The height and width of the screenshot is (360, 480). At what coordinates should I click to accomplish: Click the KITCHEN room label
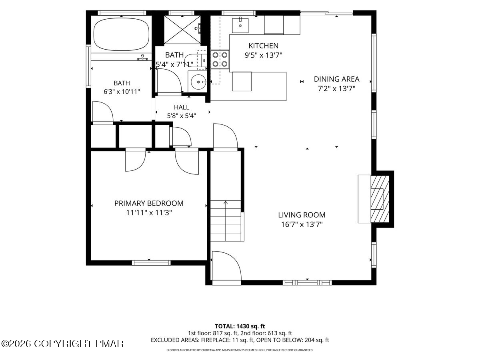(x=263, y=46)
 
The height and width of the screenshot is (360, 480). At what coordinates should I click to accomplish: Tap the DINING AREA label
(x=336, y=79)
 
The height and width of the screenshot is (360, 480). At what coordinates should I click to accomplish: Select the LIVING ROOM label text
(x=302, y=215)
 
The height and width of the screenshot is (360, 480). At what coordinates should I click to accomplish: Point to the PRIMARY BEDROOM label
(x=149, y=203)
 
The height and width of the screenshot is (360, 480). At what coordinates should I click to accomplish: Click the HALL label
(x=182, y=107)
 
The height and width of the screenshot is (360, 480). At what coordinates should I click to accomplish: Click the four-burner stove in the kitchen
(x=220, y=59)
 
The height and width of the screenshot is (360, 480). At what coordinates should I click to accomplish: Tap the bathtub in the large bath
(x=121, y=34)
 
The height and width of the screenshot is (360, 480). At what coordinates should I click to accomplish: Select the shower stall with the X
(x=182, y=30)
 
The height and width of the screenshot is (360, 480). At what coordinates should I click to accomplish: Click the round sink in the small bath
(x=198, y=82)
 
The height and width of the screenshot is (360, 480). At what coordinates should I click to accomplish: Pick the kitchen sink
(x=240, y=26)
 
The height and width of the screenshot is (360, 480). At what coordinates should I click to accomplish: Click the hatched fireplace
(x=380, y=199)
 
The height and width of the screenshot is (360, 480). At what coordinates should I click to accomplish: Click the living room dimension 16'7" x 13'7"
(x=302, y=224)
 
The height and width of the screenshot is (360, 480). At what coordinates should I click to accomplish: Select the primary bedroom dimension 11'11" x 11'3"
(x=149, y=212)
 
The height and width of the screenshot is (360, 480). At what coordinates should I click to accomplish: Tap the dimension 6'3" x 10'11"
(x=122, y=92)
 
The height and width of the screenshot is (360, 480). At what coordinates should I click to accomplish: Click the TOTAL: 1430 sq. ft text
(x=240, y=326)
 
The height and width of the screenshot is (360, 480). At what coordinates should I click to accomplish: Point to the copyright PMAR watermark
(x=62, y=344)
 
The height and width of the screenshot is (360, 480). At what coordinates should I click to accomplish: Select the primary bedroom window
(x=151, y=263)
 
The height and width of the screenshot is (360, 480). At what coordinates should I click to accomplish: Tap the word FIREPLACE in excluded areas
(x=215, y=340)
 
